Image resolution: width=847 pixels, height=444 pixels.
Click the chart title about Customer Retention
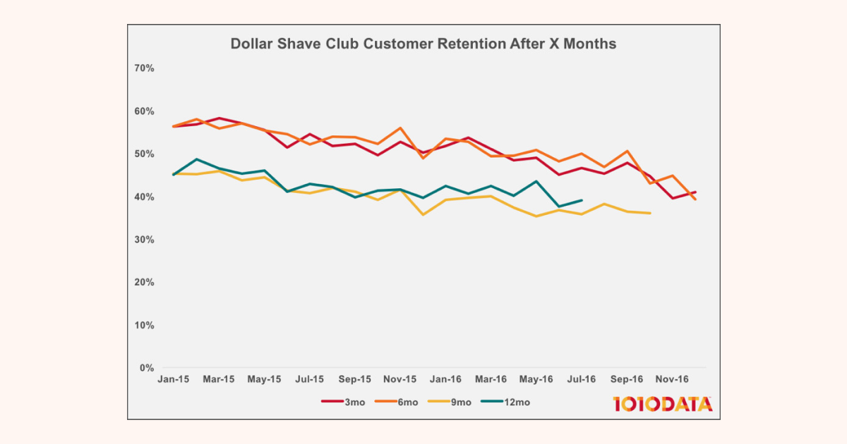coord(423,44)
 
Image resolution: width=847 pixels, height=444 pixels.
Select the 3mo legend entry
coord(344,402)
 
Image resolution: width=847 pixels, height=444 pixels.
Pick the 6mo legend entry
coord(398,402)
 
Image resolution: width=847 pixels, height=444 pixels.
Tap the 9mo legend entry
coord(452,402)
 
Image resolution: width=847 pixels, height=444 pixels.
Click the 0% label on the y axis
coord(146,368)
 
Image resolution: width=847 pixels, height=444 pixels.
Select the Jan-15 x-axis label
coord(174,379)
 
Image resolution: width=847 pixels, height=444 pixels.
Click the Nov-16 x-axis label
coord(673,379)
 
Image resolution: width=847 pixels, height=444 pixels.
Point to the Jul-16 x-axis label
coord(582,379)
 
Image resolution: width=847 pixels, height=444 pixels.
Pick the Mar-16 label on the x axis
coord(491,379)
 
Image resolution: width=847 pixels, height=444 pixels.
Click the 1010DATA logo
coord(662,404)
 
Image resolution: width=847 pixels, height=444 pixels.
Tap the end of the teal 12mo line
coord(582,200)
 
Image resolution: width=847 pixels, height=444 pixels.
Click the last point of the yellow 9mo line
coord(650,213)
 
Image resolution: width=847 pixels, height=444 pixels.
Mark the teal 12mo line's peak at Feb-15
coord(196,159)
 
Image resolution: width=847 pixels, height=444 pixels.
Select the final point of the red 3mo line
coord(696,192)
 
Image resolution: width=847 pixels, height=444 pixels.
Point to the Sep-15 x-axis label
coord(355,379)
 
